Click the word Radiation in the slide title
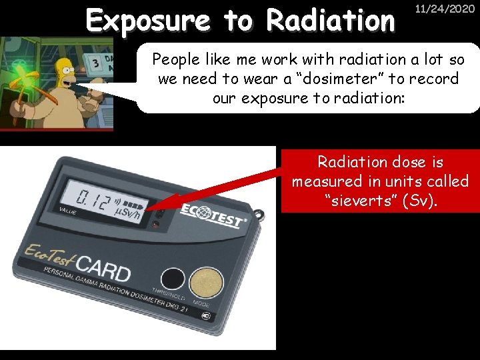pyautogui.click(x=331, y=21)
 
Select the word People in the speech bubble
pyautogui.click(x=175, y=59)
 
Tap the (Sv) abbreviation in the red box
pyautogui.click(x=421, y=200)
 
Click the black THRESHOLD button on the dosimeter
pyautogui.click(x=173, y=279)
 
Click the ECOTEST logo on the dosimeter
pyautogui.click(x=212, y=215)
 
